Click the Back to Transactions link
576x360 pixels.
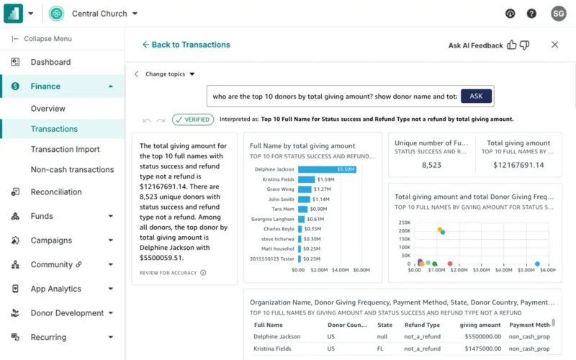[x=186, y=45]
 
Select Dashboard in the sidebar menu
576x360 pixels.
[x=50, y=63]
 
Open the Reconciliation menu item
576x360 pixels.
[x=56, y=192]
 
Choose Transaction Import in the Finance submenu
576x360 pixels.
[x=65, y=150]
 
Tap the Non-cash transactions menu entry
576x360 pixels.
[x=72, y=170]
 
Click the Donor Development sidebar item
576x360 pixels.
[x=67, y=313]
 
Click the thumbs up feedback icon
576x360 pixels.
[x=512, y=45]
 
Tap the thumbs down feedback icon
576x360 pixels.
[x=525, y=45]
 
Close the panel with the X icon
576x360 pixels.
[x=555, y=45]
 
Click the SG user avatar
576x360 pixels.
[x=558, y=14]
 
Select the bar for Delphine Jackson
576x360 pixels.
[x=327, y=170]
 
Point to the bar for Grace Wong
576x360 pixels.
[x=305, y=189]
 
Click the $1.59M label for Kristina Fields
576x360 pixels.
[x=325, y=179]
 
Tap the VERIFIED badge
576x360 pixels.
[x=192, y=120]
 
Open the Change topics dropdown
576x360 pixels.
[x=170, y=74]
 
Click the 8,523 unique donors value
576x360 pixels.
[x=432, y=165]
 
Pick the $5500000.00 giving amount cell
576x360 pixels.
[x=480, y=337]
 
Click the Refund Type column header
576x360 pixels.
[x=422, y=325]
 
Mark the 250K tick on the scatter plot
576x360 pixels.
[x=404, y=222]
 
